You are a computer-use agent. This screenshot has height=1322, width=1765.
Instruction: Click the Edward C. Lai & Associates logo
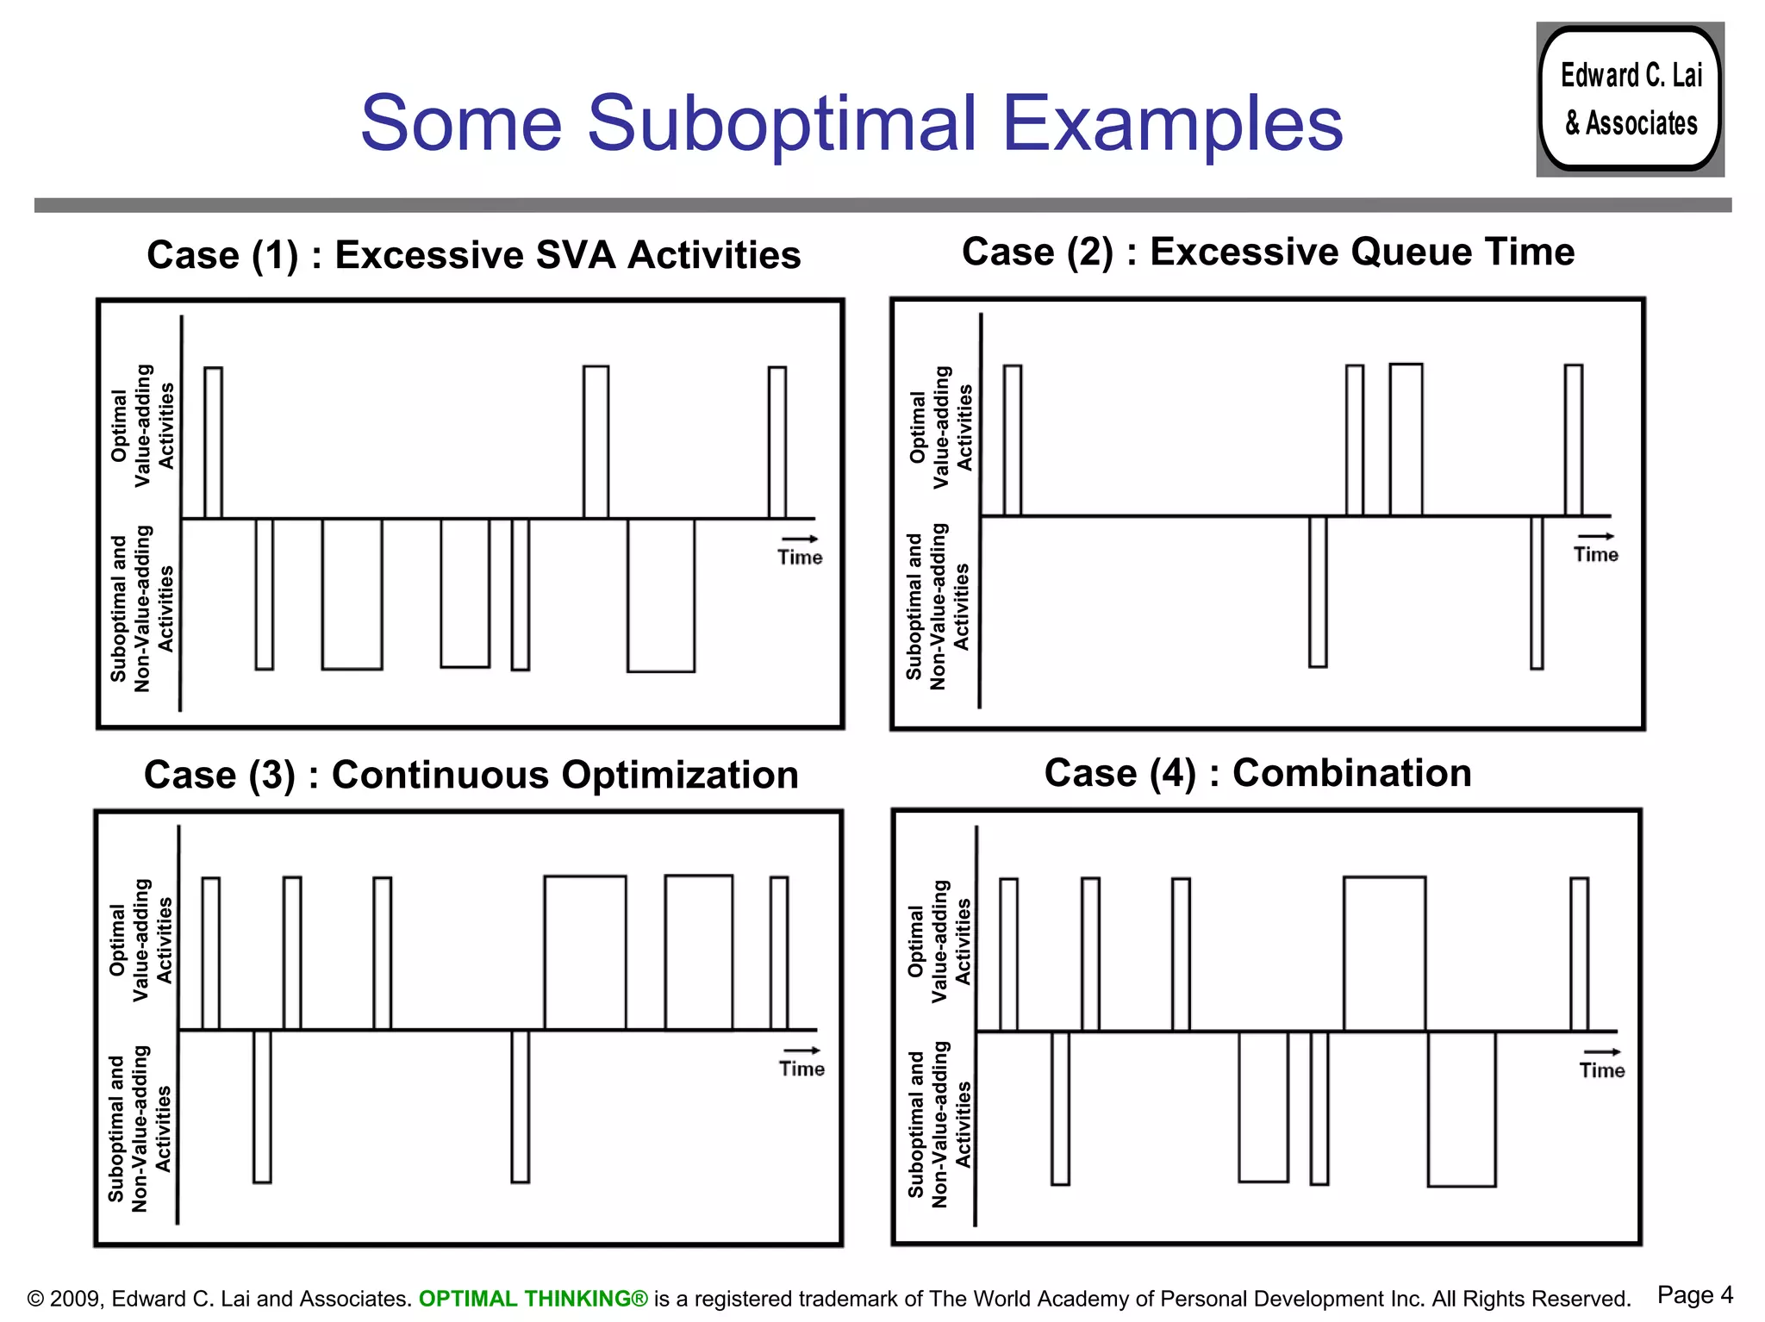(1630, 99)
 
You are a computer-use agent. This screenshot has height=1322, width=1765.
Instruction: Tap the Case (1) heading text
(473, 255)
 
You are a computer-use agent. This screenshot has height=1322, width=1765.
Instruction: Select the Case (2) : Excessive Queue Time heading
(1268, 253)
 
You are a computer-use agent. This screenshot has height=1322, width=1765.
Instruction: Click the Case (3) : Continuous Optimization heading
(471, 775)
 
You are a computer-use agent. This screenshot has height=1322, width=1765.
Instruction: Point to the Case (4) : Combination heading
(1257, 773)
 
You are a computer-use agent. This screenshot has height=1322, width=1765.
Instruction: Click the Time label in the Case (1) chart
(800, 558)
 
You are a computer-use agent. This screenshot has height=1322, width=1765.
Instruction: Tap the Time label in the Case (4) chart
(1601, 1070)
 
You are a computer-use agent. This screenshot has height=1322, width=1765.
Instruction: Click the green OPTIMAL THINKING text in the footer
(533, 1299)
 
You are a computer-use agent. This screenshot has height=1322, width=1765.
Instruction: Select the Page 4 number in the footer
(1694, 1295)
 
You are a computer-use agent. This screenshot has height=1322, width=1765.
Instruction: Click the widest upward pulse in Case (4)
(1384, 953)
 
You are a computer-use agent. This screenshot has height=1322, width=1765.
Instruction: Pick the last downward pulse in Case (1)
(661, 595)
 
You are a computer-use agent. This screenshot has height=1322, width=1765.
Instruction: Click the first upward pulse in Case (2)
(1013, 440)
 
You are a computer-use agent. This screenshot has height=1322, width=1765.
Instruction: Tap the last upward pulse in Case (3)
(779, 953)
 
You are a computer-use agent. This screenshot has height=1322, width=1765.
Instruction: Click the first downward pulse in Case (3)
(262, 1106)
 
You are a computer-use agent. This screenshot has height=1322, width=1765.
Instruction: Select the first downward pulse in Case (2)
(1318, 591)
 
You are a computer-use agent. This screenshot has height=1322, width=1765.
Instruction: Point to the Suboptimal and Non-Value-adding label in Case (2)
(938, 607)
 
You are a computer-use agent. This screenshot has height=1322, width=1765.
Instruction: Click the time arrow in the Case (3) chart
(801, 1050)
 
